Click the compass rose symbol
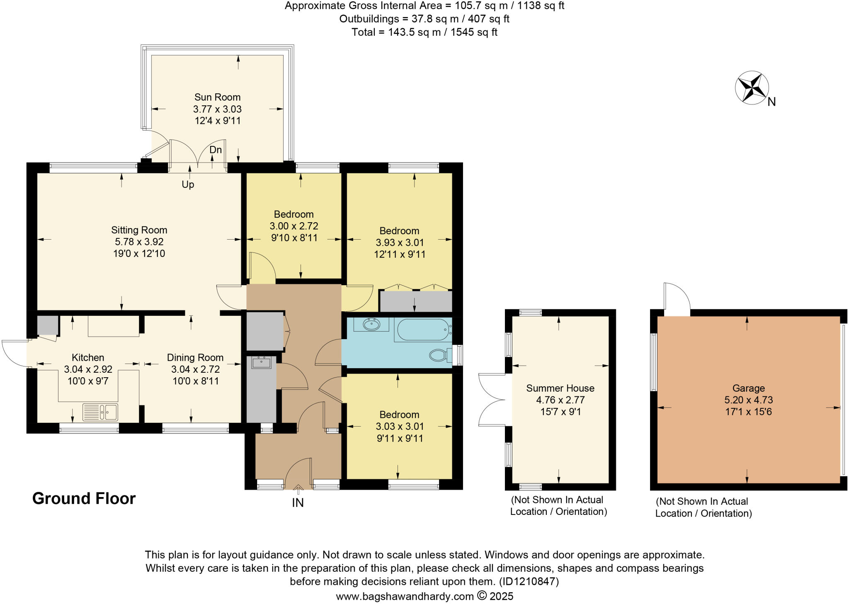click(752, 88)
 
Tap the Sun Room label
click(217, 97)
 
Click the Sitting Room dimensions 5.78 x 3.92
click(139, 242)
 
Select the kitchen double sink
click(100, 412)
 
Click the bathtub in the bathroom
click(422, 330)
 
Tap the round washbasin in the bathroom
click(371, 324)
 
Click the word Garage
click(748, 388)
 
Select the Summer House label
click(560, 388)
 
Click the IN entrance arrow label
click(298, 502)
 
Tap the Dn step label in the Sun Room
click(216, 150)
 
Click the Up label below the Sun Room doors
click(188, 184)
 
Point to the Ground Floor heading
click(84, 498)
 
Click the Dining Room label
click(195, 357)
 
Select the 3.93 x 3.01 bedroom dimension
click(400, 243)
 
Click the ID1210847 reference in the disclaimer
click(529, 581)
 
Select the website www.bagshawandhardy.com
click(405, 597)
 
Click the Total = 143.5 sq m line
click(424, 32)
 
